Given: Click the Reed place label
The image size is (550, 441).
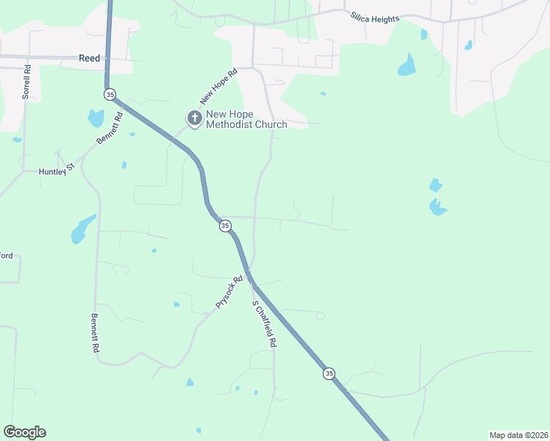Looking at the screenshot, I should tap(89, 58).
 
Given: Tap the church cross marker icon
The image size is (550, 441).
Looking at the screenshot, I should tap(194, 118).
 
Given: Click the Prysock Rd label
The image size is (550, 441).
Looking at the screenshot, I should tap(229, 293).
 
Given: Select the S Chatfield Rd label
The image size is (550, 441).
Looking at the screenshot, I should tap(263, 323).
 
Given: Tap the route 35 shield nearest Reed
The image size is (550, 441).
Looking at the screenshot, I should tap(110, 94).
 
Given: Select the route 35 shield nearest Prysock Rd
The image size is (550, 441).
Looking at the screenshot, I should tap(224, 227).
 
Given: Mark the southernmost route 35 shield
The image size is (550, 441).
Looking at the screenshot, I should tap(328, 373).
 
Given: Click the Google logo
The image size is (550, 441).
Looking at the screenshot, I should tap(24, 432).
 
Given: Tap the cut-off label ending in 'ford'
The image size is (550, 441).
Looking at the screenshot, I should tap(6, 256).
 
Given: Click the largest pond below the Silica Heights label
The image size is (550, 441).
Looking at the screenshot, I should tap(407, 66).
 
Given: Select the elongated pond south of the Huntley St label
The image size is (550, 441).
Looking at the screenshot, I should tap(82, 229).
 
